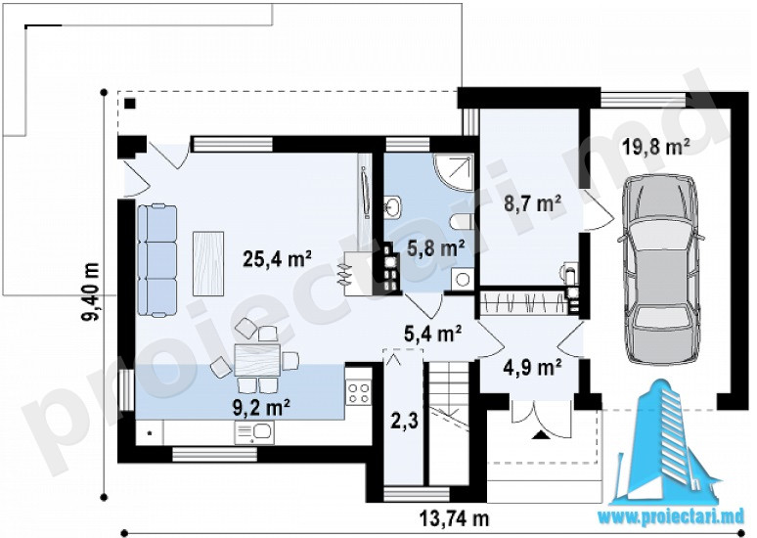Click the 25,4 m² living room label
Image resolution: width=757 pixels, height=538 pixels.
click(x=277, y=259)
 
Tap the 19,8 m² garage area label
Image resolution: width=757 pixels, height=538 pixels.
click(x=655, y=146)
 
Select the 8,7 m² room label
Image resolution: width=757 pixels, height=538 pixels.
click(x=532, y=203)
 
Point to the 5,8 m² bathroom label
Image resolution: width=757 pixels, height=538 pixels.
click(x=436, y=248)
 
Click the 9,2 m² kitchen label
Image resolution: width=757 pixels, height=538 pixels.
click(x=261, y=408)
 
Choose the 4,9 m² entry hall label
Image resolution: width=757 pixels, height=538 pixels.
click(x=532, y=368)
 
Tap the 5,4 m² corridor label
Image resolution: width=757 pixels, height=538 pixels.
click(x=432, y=334)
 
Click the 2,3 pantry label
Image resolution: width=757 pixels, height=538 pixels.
click(x=405, y=421)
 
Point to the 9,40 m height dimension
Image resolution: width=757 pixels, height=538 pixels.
click(x=91, y=291)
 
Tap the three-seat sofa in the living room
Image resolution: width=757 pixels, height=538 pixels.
click(x=156, y=260)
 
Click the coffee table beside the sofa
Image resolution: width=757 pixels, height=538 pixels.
click(x=208, y=264)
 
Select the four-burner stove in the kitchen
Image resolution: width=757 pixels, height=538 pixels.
click(x=359, y=392)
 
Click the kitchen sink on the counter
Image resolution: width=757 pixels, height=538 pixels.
click(x=254, y=432)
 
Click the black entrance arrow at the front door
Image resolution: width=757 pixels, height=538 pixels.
click(x=541, y=436)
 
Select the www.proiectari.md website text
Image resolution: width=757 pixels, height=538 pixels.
click(x=674, y=516)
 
